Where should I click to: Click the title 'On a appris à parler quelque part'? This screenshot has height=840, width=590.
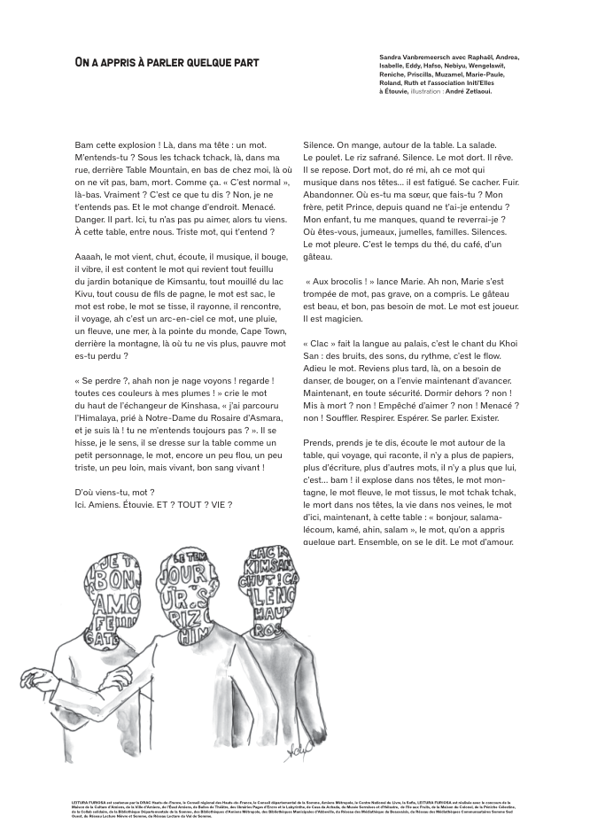167,63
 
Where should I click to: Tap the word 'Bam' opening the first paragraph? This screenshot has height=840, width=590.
84,145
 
